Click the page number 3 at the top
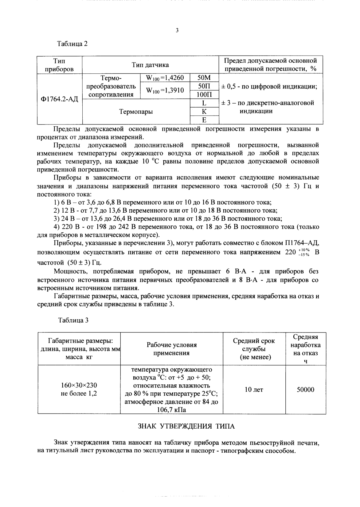pos(177,30)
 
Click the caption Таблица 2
pos(73,44)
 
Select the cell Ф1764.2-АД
pos(60,99)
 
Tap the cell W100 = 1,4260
pos(165,78)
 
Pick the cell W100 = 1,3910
pos(165,90)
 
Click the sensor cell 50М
pos(204,78)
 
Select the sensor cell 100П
pos(204,95)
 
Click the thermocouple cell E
pos(204,120)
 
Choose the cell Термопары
pos(136,112)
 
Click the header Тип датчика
pos(150,65)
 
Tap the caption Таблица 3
pos(73,320)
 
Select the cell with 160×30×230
pos(79,385)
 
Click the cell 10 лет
pos(254,390)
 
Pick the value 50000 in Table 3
pos(305,390)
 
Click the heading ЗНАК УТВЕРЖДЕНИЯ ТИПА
pos(186,426)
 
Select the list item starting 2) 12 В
pos(165,211)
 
